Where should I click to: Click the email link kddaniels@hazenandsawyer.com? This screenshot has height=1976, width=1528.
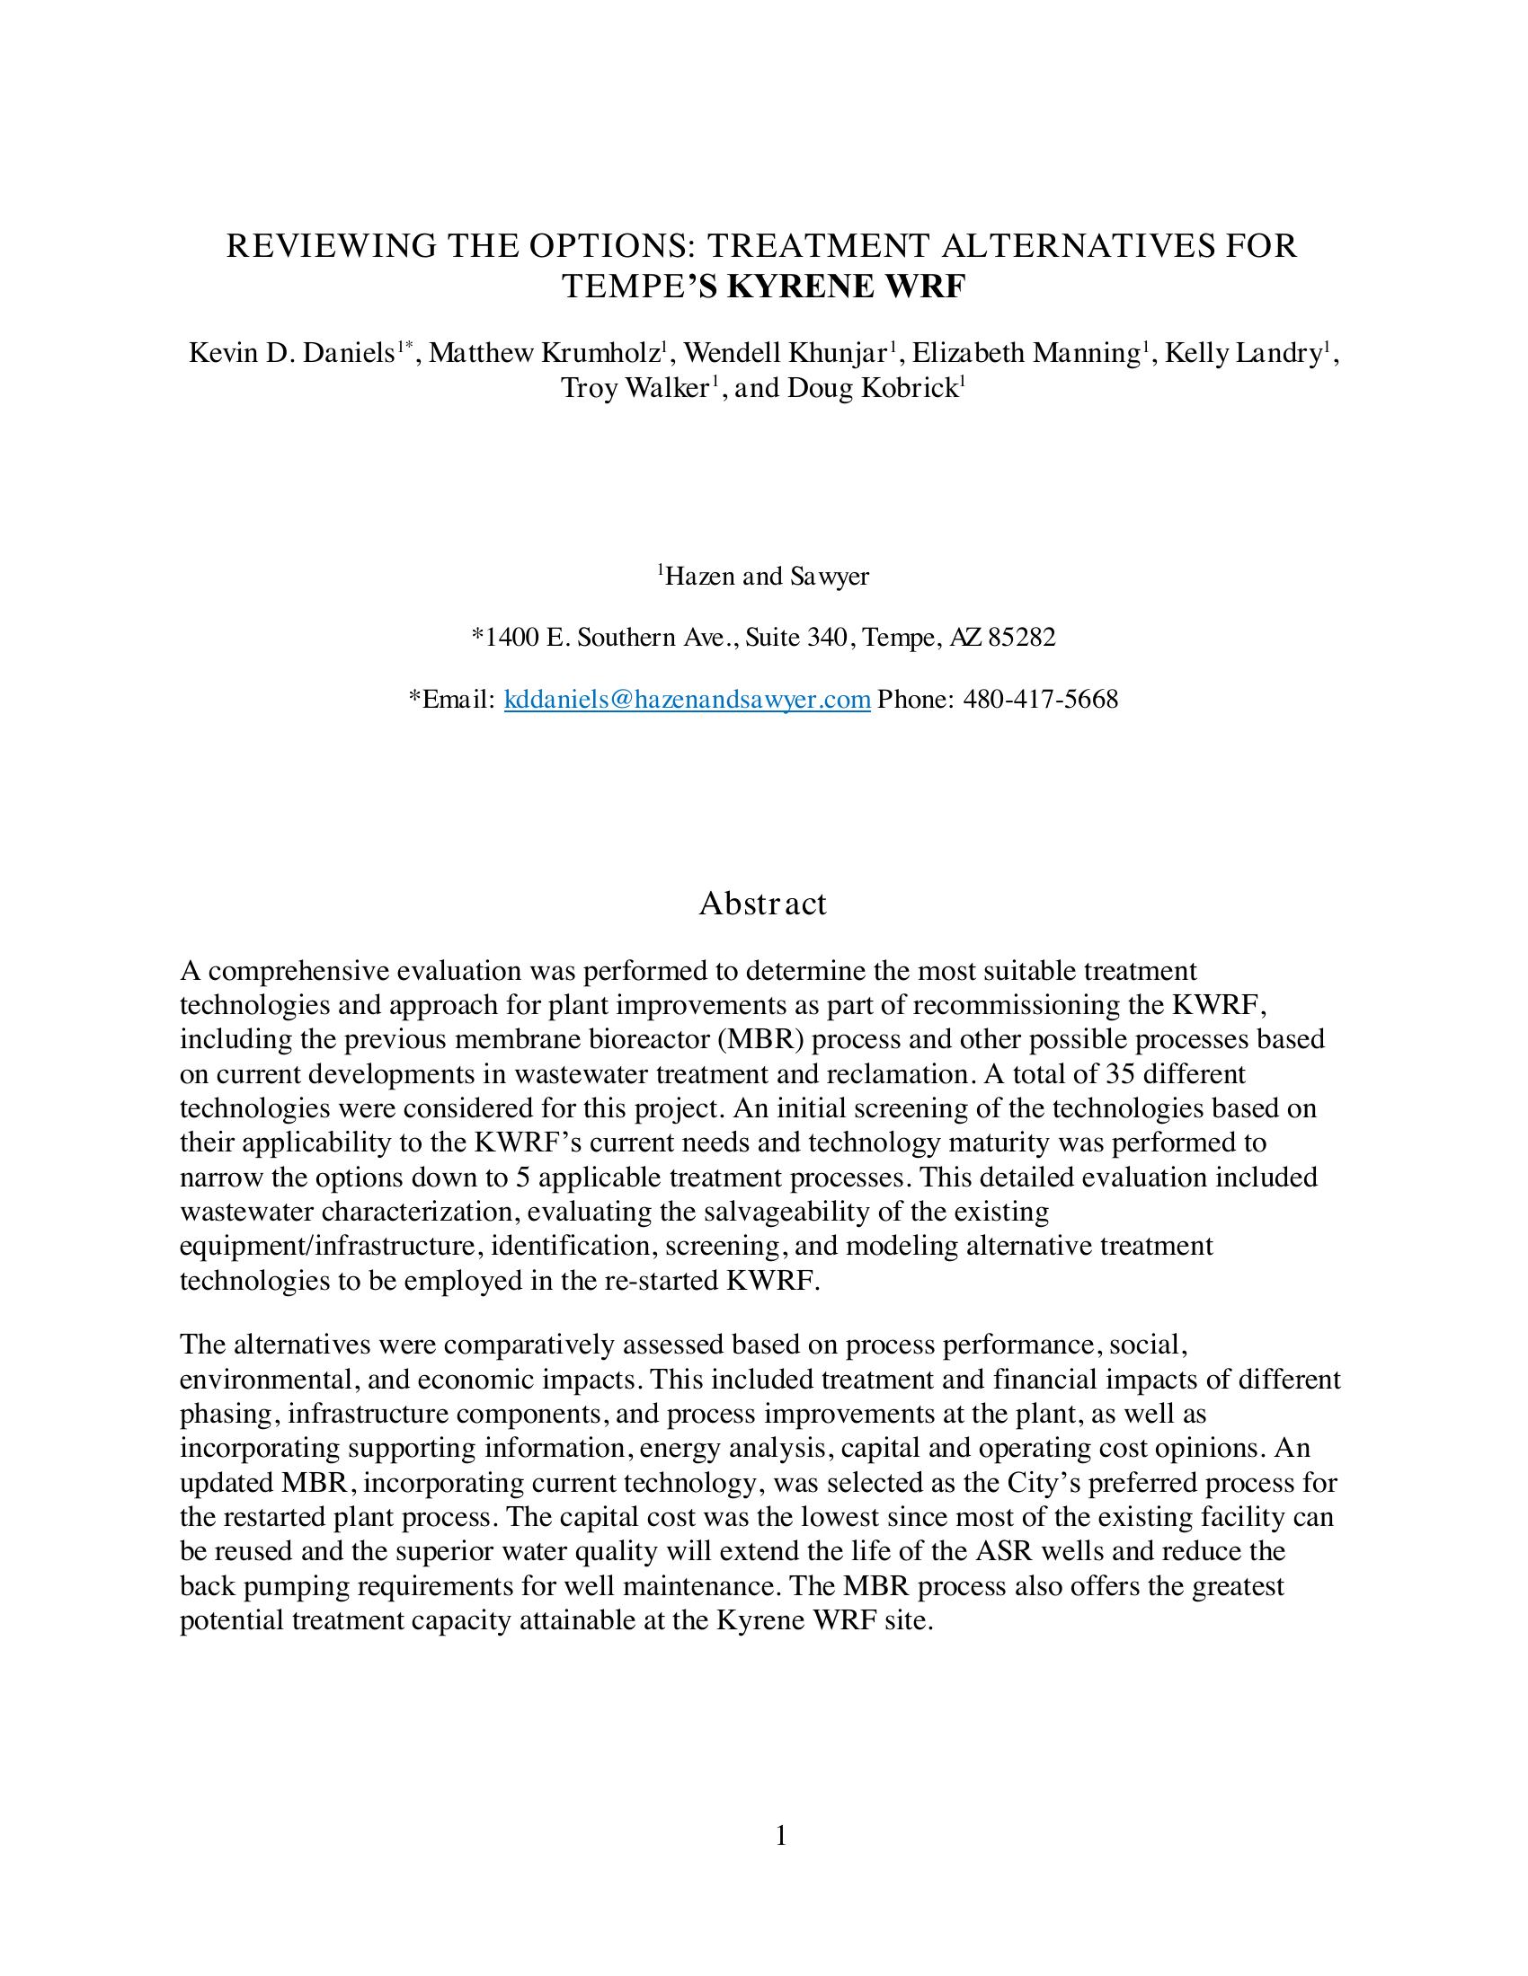point(687,700)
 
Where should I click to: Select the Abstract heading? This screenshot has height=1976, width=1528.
point(762,903)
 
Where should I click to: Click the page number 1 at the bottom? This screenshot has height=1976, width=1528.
point(781,1836)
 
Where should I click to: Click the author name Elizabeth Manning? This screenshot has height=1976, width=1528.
point(1025,353)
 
